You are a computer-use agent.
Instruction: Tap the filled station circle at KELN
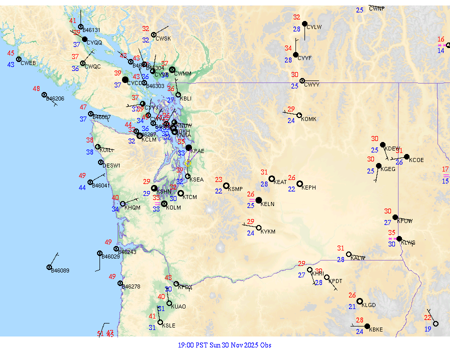(x=258, y=200)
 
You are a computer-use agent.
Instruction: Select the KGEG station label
(x=388, y=169)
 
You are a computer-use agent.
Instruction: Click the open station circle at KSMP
(x=226, y=185)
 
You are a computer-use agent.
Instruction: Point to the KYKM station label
(x=268, y=231)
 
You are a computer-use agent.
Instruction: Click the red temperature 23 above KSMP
(x=218, y=179)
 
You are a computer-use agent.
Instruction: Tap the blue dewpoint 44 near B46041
(x=82, y=188)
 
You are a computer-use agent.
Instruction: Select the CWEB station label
(x=28, y=63)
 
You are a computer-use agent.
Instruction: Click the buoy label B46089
(x=60, y=270)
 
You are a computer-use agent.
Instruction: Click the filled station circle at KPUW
(x=395, y=217)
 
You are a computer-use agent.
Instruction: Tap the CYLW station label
(x=314, y=27)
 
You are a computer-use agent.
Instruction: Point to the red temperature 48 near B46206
(x=36, y=89)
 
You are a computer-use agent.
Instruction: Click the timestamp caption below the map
(x=224, y=345)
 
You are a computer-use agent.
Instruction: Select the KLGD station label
(x=369, y=305)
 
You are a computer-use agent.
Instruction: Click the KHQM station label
(x=132, y=207)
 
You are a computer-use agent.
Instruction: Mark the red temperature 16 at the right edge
(x=440, y=39)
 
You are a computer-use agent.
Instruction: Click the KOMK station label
(x=309, y=119)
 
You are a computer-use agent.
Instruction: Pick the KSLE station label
(x=168, y=325)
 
